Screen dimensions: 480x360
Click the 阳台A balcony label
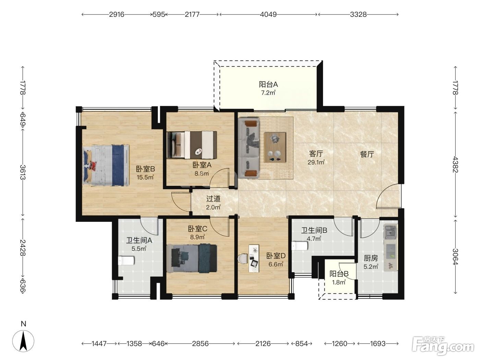268,84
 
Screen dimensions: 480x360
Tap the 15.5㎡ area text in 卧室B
145,177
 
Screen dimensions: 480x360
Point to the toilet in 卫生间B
300,246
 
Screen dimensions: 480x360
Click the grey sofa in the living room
249,148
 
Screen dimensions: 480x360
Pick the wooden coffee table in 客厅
275,147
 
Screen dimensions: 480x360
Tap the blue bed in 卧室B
106,166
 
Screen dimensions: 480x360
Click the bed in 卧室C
192,259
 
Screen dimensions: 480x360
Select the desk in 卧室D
254,259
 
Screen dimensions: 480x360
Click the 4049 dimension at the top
268,14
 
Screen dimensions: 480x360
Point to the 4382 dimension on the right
455,164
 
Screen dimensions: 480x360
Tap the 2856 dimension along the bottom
200,344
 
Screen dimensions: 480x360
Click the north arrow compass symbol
23,341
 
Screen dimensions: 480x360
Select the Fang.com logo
443,346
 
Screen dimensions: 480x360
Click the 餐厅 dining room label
367,154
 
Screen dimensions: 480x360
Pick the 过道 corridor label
213,199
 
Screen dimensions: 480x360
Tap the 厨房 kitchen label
371,258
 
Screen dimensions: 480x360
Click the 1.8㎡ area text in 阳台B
339,282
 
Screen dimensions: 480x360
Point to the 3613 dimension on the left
23,172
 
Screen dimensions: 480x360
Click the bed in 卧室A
192,145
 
